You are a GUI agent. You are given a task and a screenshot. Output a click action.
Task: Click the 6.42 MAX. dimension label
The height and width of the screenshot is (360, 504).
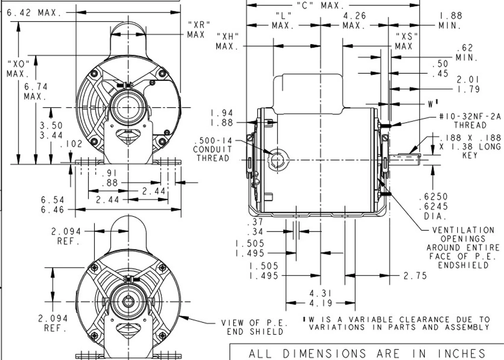pos(34,13)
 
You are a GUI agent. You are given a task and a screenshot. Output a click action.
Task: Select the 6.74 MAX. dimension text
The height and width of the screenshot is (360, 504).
pos(35,91)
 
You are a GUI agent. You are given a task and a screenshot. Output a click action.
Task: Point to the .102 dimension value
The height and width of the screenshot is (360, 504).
pos(71,144)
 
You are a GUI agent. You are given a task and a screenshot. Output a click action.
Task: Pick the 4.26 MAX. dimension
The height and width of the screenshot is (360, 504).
pos(354,20)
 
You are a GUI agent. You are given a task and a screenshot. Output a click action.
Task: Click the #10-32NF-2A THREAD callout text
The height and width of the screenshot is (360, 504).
pos(470,121)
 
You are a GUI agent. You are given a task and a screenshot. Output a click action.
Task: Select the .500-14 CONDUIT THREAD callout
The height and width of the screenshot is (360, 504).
pos(212,150)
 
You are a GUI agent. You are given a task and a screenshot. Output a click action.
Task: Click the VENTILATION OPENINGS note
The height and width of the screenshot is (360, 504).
pos(463,247)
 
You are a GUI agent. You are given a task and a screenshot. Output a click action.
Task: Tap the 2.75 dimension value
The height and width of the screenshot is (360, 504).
pos(415,276)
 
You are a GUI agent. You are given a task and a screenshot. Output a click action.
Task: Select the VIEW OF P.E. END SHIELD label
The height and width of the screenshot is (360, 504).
pos(254,327)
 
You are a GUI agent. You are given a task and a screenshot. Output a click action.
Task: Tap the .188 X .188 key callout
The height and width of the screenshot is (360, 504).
pos(470,146)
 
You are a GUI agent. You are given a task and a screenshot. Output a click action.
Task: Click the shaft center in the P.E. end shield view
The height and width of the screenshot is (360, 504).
pos(129,302)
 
